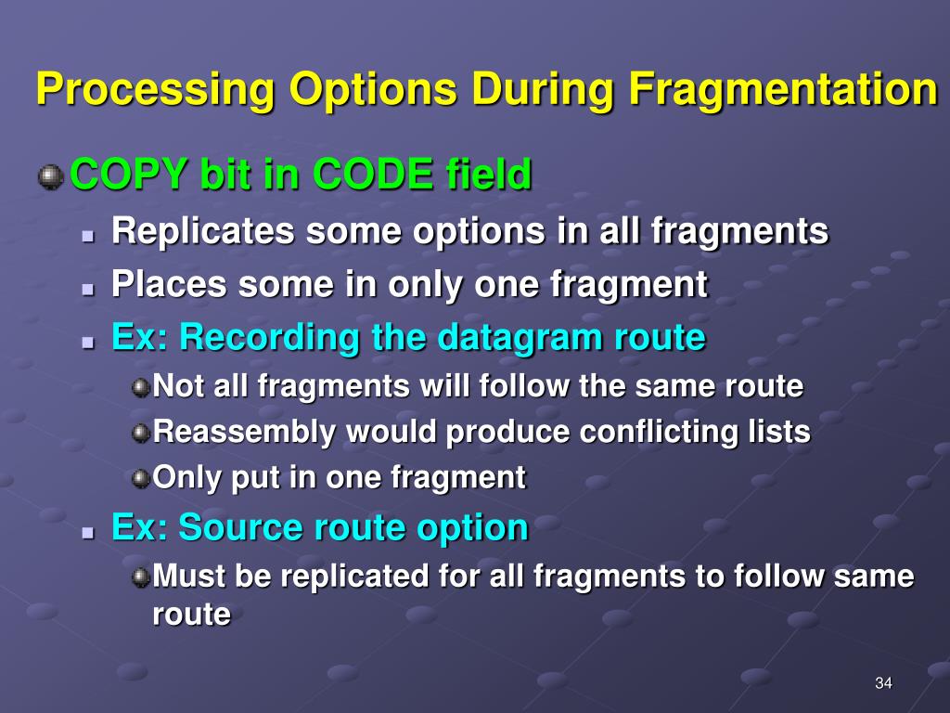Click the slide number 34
coord(883,683)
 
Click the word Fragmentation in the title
coord(783,89)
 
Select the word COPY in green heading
coord(128,174)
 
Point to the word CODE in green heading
coord(373,174)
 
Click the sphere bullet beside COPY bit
coord(51,177)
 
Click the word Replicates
coord(203,232)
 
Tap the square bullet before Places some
coord(89,290)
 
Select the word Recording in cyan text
coord(270,338)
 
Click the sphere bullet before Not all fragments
coord(141,387)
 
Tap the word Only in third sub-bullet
coord(186,478)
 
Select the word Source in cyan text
coord(241,527)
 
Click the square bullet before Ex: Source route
coord(89,533)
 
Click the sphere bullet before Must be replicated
coord(141,577)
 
